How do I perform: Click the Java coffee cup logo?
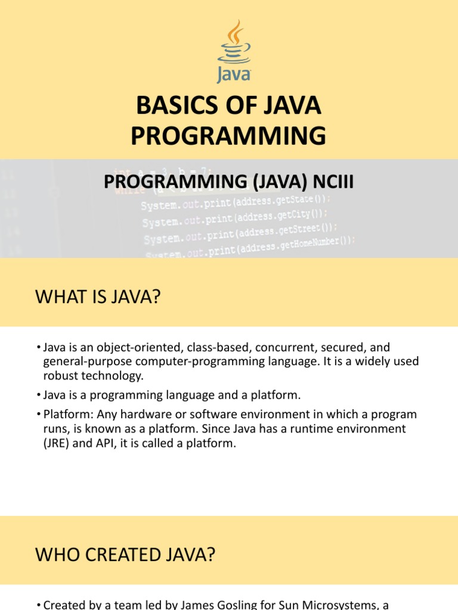[x=233, y=50]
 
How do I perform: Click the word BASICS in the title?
[x=175, y=106]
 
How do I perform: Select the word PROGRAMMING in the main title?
[x=228, y=136]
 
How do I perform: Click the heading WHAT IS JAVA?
[x=98, y=295]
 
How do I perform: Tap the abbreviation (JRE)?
[x=57, y=442]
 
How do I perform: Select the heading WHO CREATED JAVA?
[x=125, y=555]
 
